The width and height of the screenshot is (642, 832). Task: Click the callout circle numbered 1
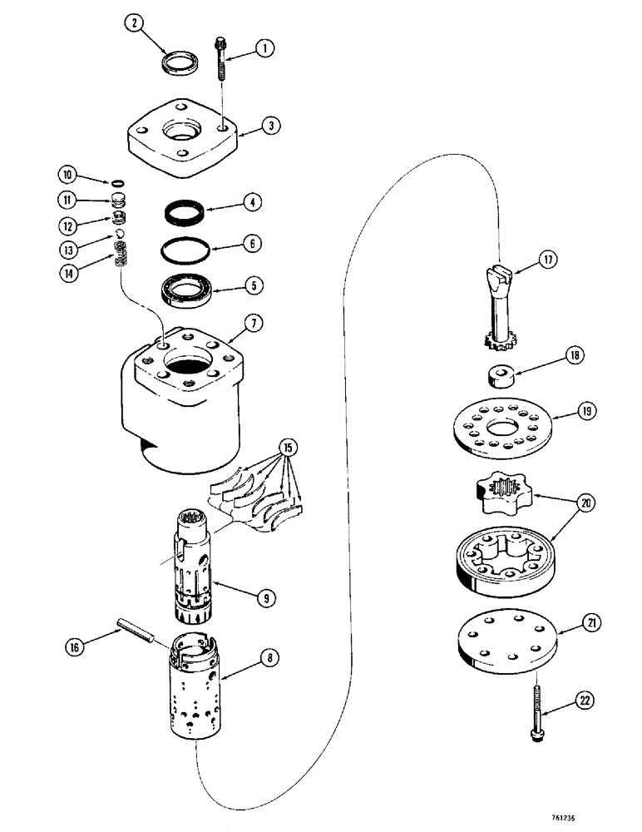coord(264,49)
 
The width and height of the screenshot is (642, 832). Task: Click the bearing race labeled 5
coord(187,290)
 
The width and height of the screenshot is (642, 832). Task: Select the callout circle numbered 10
coord(65,174)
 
